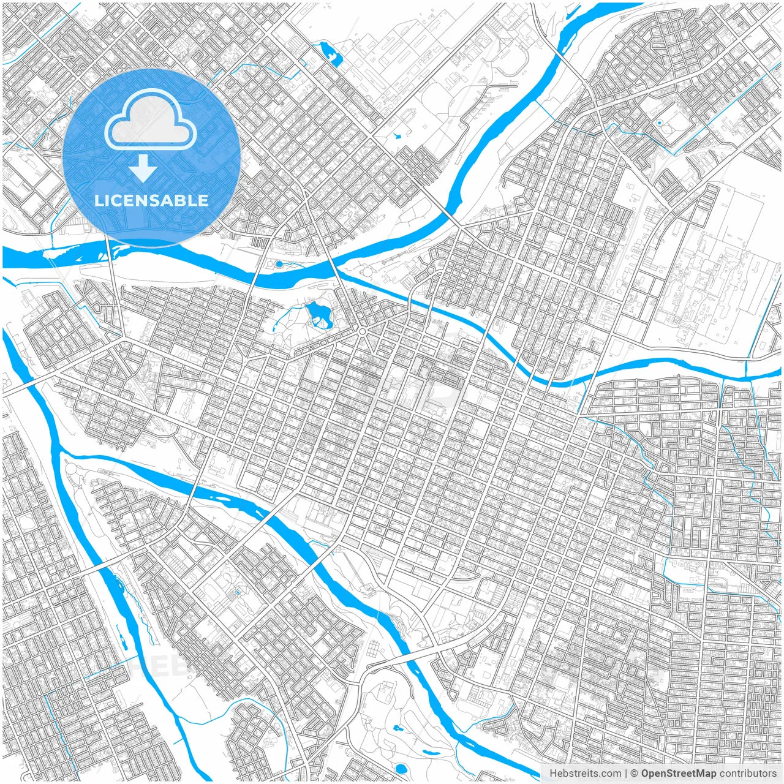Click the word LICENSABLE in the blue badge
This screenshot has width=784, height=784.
coord(151,200)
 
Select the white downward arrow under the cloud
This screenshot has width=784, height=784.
coord(143,168)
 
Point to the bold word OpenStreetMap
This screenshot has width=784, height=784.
coord(679,773)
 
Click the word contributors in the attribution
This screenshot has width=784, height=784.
coord(748,773)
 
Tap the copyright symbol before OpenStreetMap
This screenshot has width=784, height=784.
coord(635,773)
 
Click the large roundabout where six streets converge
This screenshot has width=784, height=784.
coord(362,331)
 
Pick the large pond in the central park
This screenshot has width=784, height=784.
coord(318,314)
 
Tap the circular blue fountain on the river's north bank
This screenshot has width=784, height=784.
coord(279,264)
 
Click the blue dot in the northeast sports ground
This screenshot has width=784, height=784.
coord(659,123)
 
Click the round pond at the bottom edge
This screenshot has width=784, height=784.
coord(401,768)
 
